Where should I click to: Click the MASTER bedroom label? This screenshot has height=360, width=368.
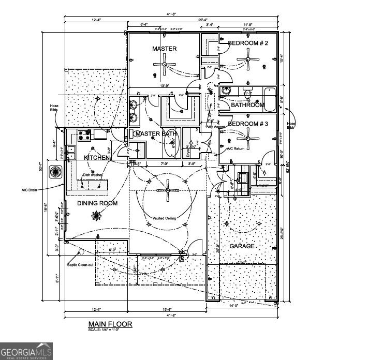click(x=164, y=49)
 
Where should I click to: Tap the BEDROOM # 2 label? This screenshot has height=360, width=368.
click(x=248, y=43)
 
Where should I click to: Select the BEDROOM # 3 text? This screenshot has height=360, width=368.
click(x=248, y=124)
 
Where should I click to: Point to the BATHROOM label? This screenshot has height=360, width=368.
click(x=247, y=105)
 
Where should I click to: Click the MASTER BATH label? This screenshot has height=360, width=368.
click(x=155, y=134)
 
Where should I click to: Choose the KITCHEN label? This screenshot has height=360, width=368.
click(x=97, y=157)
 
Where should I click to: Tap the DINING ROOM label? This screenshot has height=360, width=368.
click(x=97, y=203)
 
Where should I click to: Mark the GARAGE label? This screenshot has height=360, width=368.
click(x=242, y=246)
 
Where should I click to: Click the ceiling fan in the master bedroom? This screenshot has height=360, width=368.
click(x=164, y=65)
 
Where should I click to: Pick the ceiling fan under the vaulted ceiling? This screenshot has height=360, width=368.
click(x=167, y=190)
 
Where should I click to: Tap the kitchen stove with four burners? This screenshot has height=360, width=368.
click(x=85, y=136)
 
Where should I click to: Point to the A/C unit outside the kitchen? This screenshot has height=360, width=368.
click(x=55, y=171)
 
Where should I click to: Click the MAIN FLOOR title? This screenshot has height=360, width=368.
click(x=110, y=324)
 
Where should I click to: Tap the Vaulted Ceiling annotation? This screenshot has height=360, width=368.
click(x=164, y=218)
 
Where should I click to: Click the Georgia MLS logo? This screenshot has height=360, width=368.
click(x=26, y=352)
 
